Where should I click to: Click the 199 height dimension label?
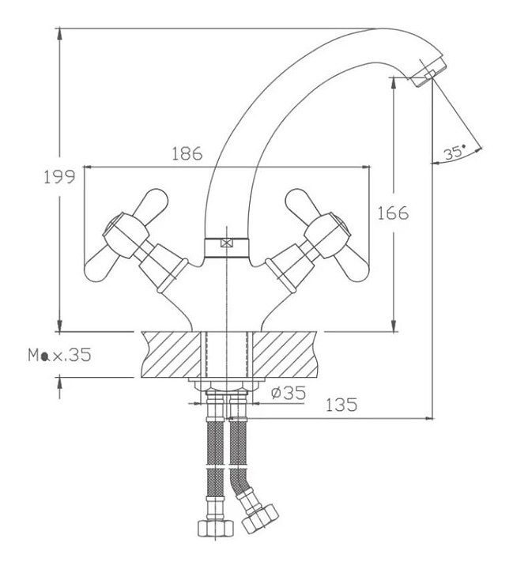(59, 177)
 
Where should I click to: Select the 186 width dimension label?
(187, 154)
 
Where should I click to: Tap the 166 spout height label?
(393, 213)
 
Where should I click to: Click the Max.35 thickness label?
(60, 356)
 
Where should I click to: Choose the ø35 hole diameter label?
(289, 392)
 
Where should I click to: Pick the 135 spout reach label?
(341, 405)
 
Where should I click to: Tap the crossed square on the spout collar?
(226, 243)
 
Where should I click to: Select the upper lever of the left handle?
(151, 202)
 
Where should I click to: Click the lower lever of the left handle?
(101, 264)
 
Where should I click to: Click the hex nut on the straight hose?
(215, 528)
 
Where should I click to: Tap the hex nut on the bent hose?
(260, 518)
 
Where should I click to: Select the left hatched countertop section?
(171, 355)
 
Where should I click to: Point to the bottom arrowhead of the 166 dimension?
(394, 325)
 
